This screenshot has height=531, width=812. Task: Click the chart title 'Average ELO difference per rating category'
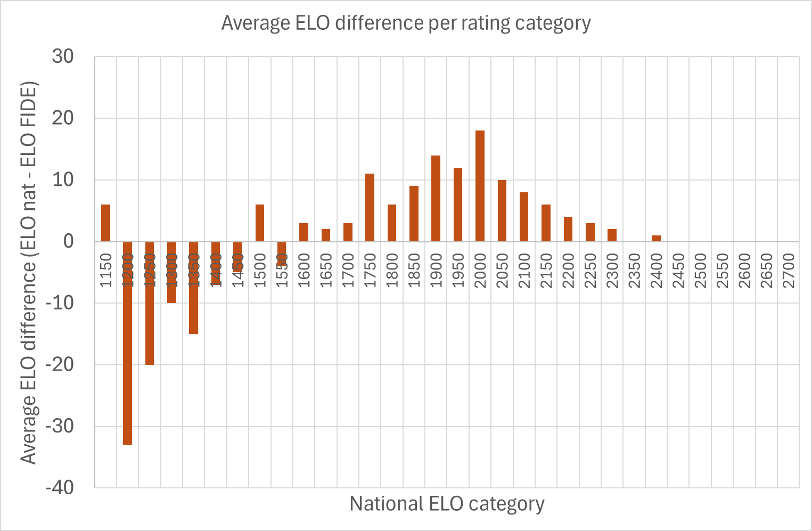tap(406, 23)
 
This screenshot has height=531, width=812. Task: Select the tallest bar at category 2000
tap(480, 186)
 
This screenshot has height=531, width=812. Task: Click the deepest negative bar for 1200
tap(127, 343)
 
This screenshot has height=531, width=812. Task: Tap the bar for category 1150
tap(105, 223)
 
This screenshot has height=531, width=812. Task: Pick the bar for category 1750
tap(370, 208)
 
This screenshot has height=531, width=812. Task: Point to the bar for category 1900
tap(436, 199)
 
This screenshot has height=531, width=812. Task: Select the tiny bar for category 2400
tap(656, 239)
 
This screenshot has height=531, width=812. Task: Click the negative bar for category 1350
tap(193, 288)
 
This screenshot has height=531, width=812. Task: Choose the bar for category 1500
tap(260, 223)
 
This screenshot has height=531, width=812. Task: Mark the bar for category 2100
tap(524, 217)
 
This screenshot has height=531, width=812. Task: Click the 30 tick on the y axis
tap(63, 56)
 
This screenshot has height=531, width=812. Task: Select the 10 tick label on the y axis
tap(63, 180)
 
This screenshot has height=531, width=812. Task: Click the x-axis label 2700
tap(789, 271)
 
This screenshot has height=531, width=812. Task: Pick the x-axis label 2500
tap(700, 271)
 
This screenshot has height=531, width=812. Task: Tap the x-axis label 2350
tap(634, 271)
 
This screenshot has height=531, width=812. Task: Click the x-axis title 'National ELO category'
tap(447, 504)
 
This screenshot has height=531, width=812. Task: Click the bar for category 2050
tap(502, 211)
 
